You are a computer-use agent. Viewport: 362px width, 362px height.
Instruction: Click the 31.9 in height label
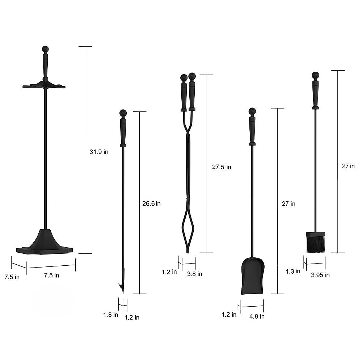pos(99,152)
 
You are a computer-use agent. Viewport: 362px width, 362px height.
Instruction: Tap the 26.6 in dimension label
pos(151,203)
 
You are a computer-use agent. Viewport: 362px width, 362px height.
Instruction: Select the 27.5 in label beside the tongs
pos(222,167)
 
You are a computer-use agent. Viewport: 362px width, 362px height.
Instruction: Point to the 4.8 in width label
pos(257,316)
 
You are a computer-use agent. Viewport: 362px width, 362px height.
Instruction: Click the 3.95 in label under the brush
pos(320,275)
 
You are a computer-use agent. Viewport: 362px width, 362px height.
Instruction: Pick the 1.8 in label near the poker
pos(110,315)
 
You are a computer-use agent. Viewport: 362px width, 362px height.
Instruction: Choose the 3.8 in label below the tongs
pos(195,274)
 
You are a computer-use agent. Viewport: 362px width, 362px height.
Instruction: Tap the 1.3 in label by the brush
pos(293,271)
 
